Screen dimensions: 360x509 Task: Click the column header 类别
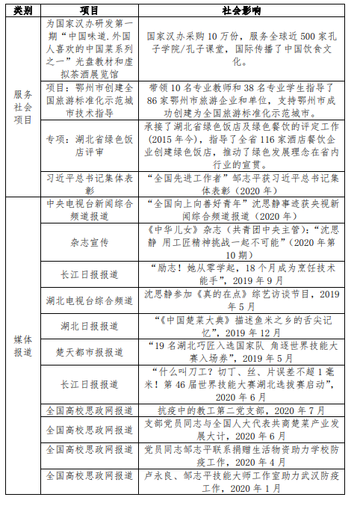coord(23,11)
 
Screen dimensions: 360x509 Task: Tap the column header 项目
coord(89,11)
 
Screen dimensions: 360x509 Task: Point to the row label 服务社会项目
coord(23,107)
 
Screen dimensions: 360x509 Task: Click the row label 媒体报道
coord(23,345)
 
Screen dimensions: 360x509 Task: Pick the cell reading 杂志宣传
coord(89,243)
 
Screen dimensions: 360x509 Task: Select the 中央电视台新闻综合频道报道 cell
coord(89,210)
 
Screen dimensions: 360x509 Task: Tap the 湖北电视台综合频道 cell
coord(89,300)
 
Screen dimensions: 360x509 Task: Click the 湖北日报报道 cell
coord(89,326)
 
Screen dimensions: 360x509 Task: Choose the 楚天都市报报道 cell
coord(89,351)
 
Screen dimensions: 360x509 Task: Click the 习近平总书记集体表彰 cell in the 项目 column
coord(89,184)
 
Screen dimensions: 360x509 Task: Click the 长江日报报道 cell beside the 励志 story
coord(89,274)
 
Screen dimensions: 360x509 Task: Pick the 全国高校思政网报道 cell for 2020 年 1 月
coord(89,476)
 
